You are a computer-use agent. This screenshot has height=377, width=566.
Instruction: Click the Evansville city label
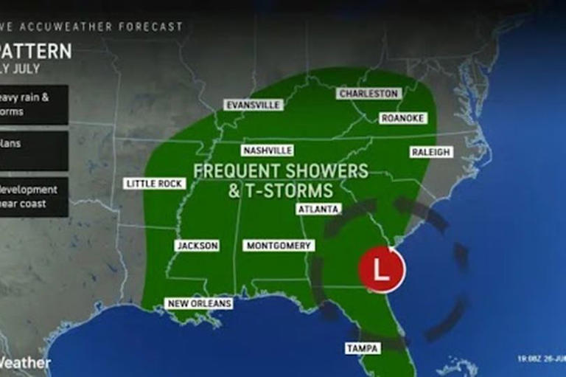pos(253,105)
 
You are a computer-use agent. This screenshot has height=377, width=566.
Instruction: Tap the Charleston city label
pos(368,94)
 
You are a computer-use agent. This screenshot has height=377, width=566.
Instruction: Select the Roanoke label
pos(402,118)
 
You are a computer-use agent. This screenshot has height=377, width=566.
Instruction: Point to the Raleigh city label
pos(430,151)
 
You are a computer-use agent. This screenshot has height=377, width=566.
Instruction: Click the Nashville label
pos(267,150)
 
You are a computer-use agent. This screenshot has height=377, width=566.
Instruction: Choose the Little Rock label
pos(155,183)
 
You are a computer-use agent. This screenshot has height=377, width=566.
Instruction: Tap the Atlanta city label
pos(318,209)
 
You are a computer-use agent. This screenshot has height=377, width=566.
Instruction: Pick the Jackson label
pos(197,245)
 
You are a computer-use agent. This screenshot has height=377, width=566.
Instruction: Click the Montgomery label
pos(279,245)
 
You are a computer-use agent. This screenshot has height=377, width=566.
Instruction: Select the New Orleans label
pos(199,303)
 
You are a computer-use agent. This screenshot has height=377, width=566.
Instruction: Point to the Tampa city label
pos(363,347)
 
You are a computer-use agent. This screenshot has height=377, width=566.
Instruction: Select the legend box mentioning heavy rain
pos(33,104)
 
